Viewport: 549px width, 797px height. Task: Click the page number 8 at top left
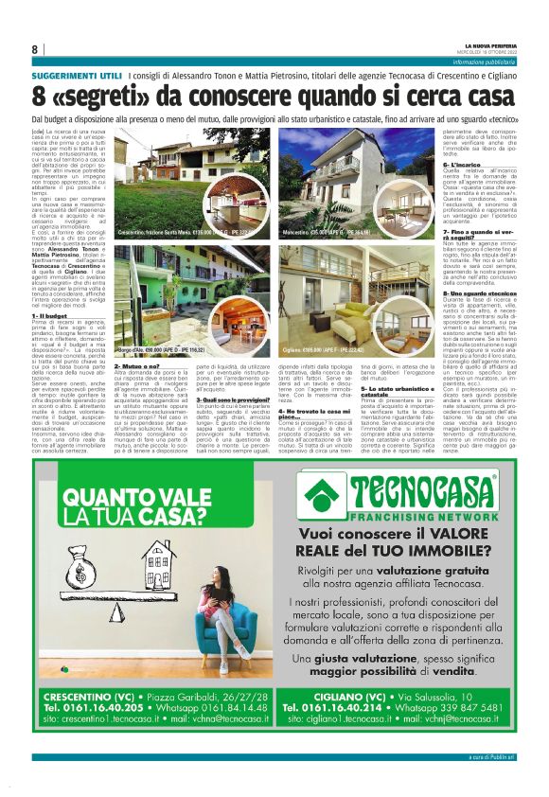pyautogui.click(x=35, y=49)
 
